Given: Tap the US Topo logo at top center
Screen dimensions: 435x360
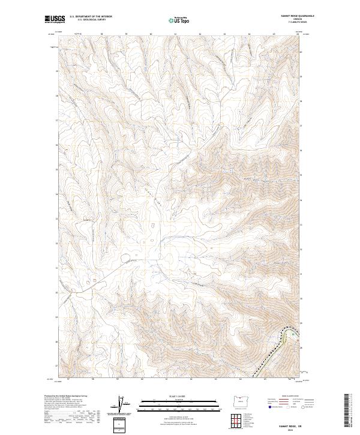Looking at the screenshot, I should tap(179, 20).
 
